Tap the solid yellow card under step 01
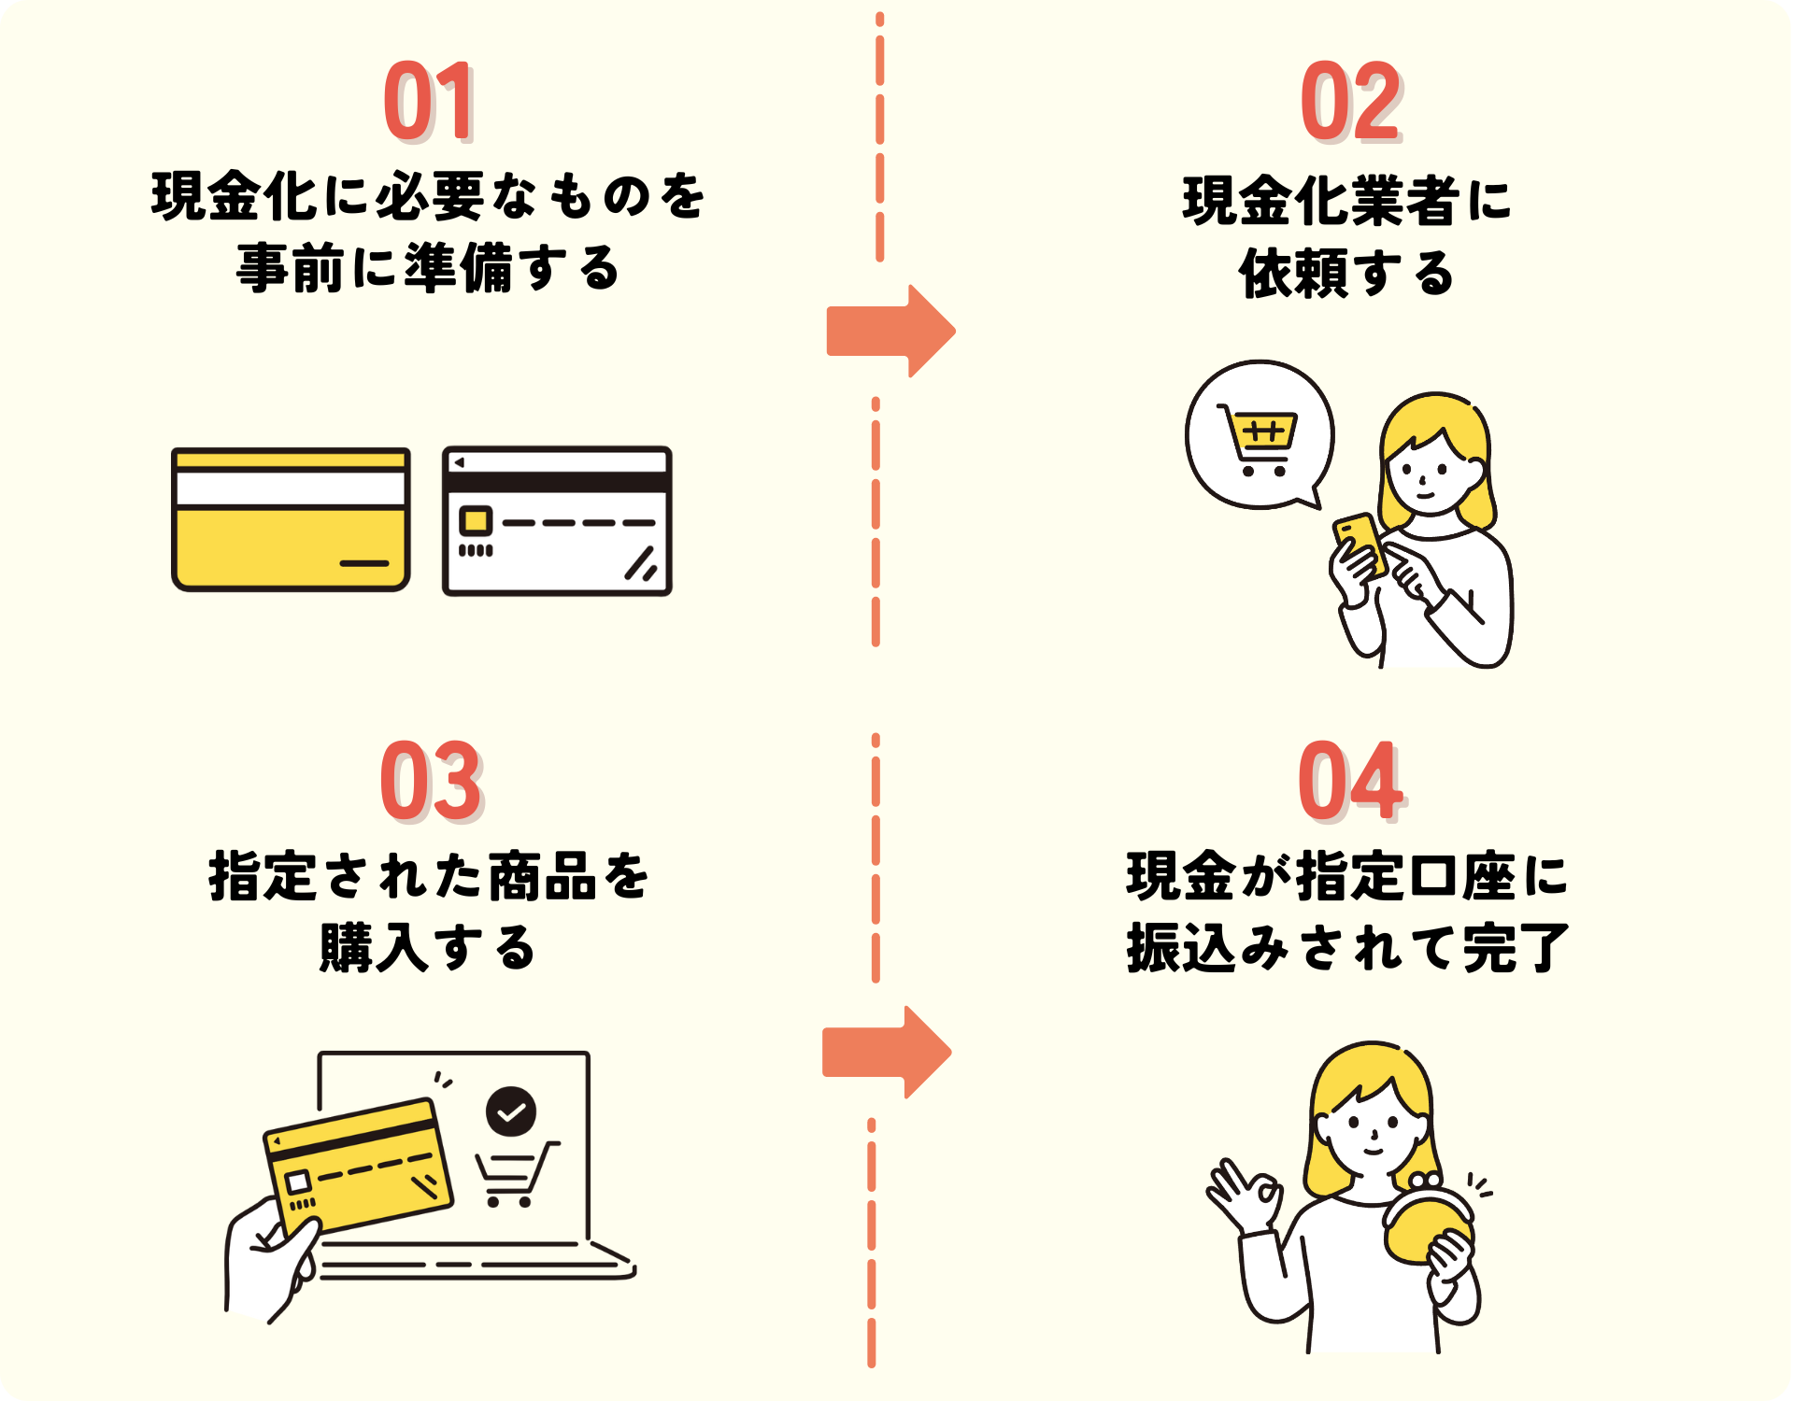click(x=291, y=519)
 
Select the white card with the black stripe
click(x=557, y=521)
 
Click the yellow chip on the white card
click(x=476, y=520)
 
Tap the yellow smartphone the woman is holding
click(x=1360, y=545)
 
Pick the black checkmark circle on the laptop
click(x=510, y=1111)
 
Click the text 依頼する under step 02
click(x=1346, y=274)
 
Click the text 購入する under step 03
click(x=428, y=947)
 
